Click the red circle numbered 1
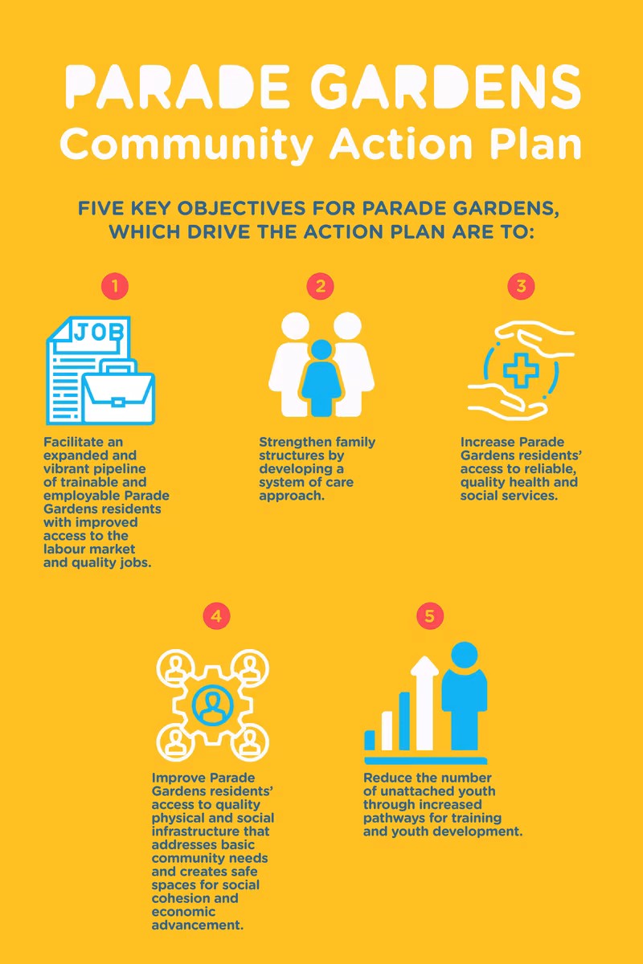tap(115, 286)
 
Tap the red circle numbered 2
tap(320, 286)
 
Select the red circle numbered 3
tap(521, 286)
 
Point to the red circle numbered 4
tap(217, 616)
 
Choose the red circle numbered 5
tap(430, 616)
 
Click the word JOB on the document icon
tap(99, 332)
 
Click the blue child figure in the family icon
tap(321, 378)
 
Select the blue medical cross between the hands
tap(521, 370)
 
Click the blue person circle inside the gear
tap(212, 705)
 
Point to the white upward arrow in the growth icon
tap(424, 702)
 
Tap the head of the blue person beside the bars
tap(465, 655)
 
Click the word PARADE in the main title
tap(178, 86)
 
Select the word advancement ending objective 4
tap(198, 925)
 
